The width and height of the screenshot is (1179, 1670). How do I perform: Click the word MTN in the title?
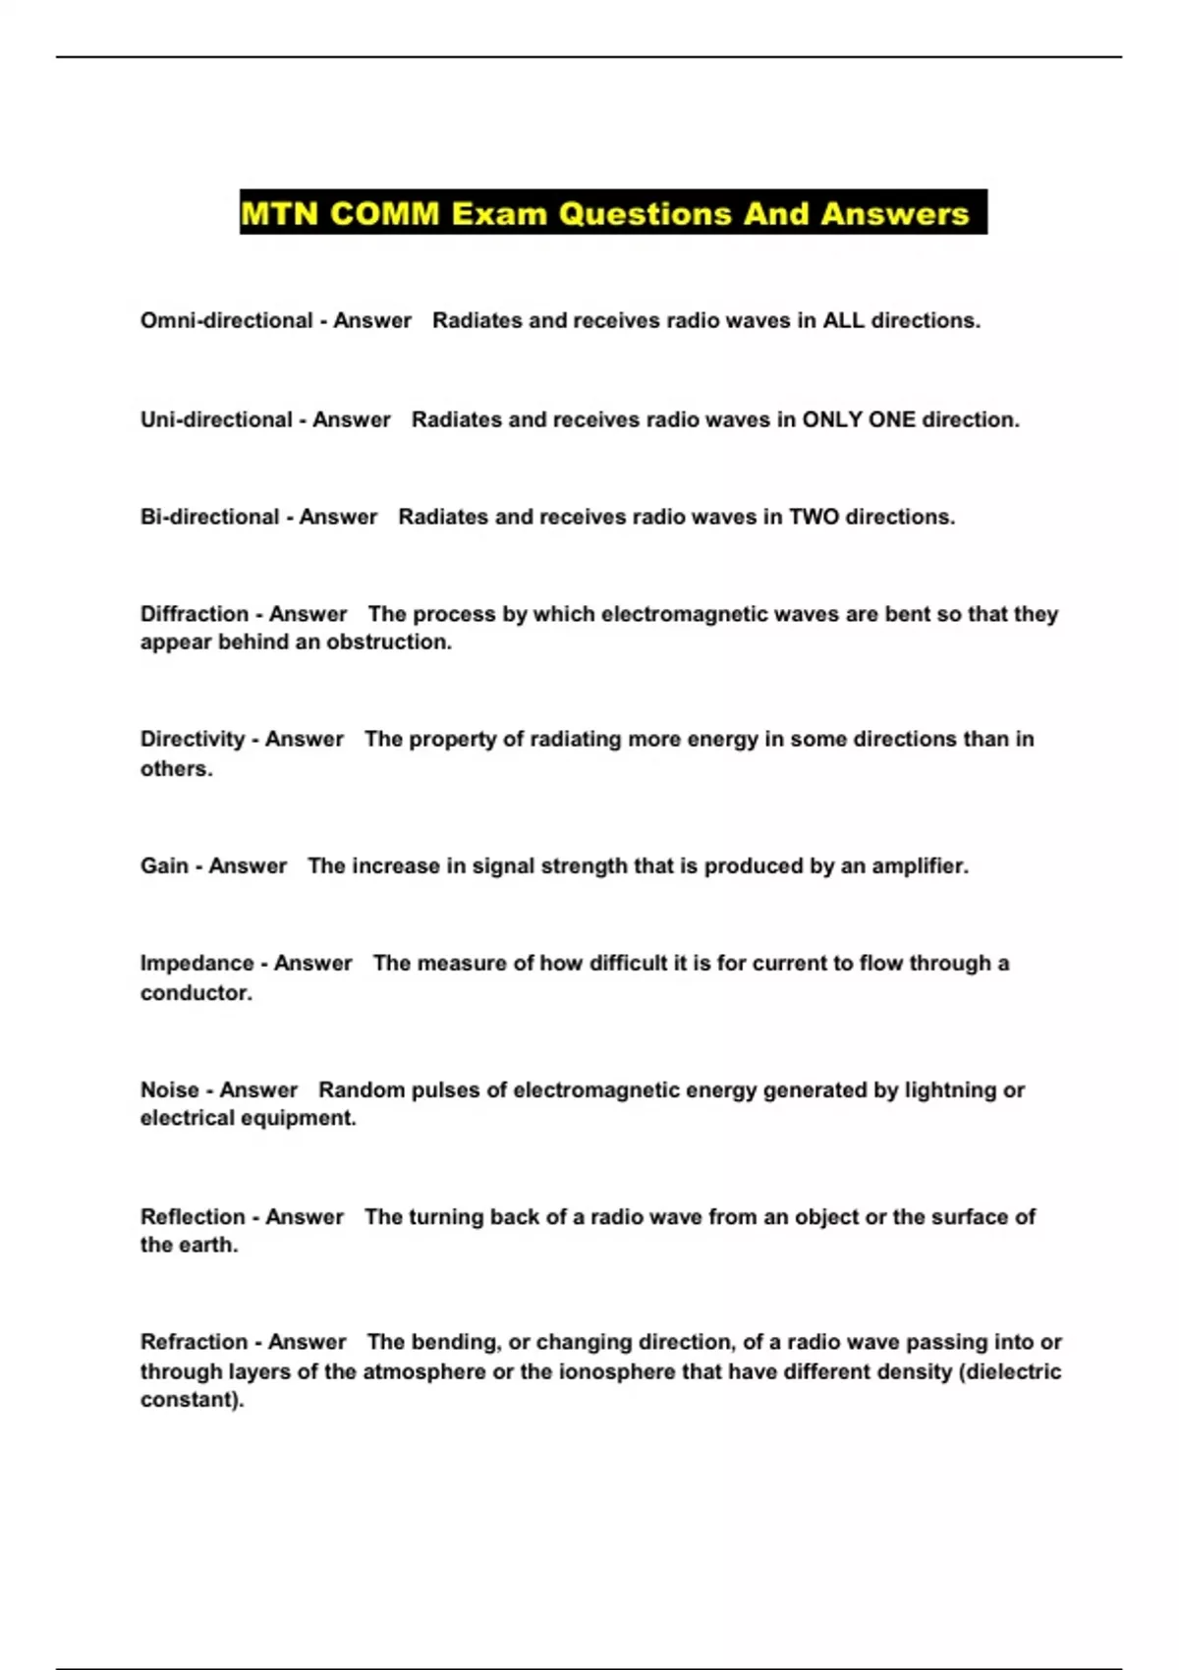[279, 213]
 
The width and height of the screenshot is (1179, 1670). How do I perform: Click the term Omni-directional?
[226, 320]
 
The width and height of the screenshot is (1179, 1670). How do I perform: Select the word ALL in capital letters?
[843, 320]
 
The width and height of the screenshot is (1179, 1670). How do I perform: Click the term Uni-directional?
[216, 419]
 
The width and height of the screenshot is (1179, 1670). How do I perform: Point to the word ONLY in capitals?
[832, 419]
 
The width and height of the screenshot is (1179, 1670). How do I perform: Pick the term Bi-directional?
[209, 517]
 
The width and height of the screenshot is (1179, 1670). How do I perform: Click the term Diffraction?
[194, 614]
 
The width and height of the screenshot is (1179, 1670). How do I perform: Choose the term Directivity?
[192, 739]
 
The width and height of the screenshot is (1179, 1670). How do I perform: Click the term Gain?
[164, 865]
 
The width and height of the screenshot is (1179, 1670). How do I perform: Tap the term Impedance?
[196, 963]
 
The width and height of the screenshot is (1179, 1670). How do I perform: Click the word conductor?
[196, 992]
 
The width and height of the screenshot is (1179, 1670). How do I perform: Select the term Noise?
[169, 1089]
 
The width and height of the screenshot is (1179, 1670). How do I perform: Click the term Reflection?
[193, 1216]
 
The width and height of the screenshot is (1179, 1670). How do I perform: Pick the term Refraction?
[194, 1342]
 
